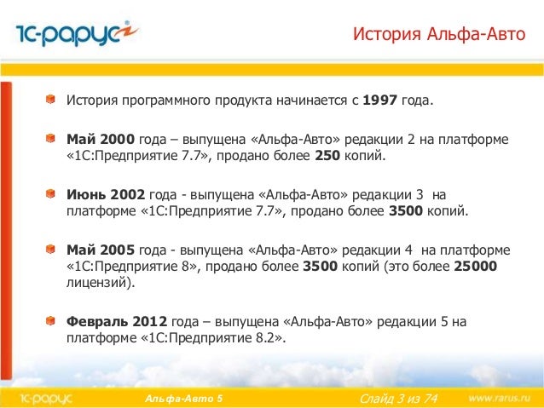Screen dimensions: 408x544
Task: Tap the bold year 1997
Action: (x=380, y=103)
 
